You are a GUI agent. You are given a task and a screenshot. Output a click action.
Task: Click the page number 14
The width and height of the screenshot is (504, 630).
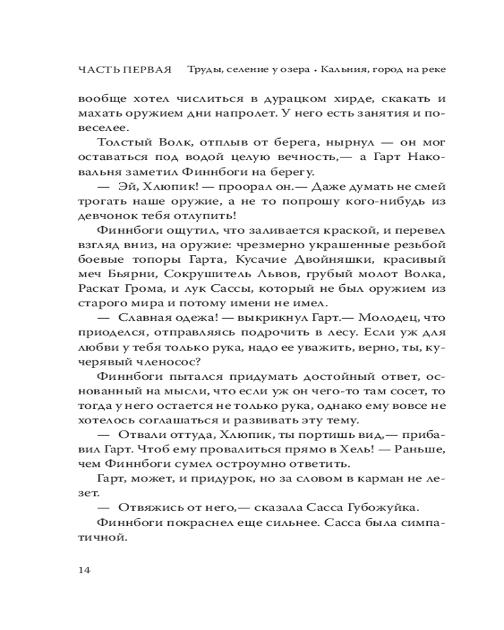85,570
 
